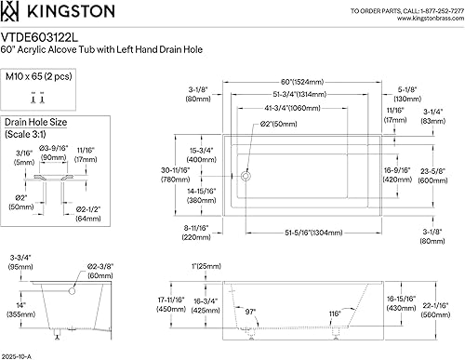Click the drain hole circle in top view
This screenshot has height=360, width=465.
pyautogui.click(x=246, y=174)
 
